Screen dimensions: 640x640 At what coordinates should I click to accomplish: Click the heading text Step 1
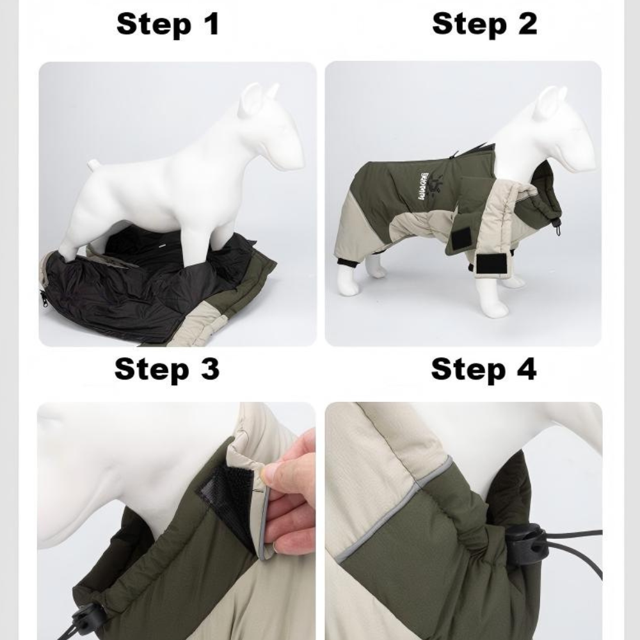(x=168, y=24)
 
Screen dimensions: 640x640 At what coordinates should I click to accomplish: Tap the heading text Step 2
(x=484, y=24)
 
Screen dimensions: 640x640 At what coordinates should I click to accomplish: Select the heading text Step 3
(x=167, y=369)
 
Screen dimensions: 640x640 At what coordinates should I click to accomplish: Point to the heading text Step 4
(x=484, y=369)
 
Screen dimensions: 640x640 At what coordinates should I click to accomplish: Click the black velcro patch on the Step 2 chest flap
(x=463, y=238)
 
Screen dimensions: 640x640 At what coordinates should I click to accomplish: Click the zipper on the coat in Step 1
(x=44, y=298)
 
